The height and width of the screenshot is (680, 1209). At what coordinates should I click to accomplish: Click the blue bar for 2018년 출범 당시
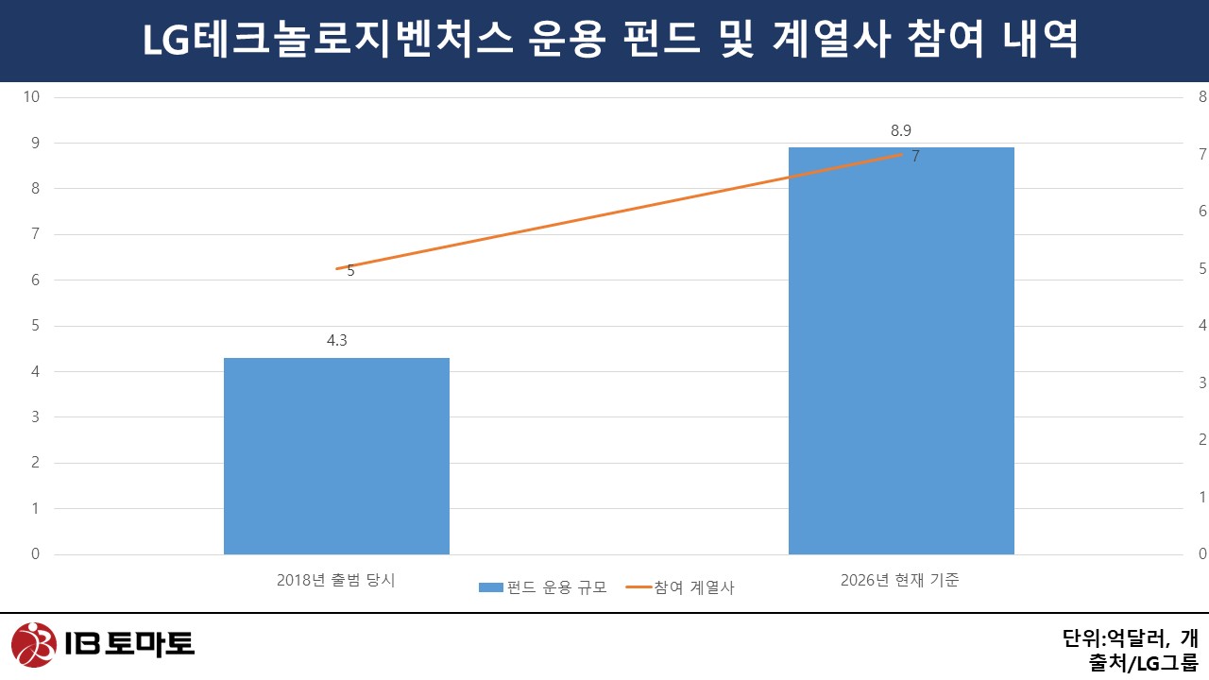coord(336,455)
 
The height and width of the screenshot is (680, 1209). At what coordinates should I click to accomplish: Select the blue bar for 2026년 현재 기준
coord(901,350)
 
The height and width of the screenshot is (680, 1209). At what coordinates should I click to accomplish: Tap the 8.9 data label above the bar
coord(900,131)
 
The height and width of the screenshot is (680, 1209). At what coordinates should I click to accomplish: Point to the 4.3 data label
coord(337,341)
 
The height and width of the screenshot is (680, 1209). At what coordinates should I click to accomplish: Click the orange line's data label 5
coord(350,270)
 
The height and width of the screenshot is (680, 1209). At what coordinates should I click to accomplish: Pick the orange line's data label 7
coord(915,157)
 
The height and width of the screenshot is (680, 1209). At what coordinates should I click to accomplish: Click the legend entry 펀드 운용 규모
coord(542,586)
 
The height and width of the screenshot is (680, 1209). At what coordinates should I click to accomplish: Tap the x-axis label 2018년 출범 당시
coord(336,580)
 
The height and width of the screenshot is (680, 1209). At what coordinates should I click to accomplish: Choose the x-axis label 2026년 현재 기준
coord(900,580)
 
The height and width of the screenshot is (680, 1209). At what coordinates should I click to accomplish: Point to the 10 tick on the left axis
coord(32,96)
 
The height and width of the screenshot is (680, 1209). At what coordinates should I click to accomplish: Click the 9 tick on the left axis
coord(35,143)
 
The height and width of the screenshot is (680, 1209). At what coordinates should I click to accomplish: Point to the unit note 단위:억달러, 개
coord(1130,637)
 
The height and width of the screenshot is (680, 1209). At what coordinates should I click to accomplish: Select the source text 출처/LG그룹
coord(1143,663)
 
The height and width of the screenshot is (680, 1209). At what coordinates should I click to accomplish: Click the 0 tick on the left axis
coord(35,554)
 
